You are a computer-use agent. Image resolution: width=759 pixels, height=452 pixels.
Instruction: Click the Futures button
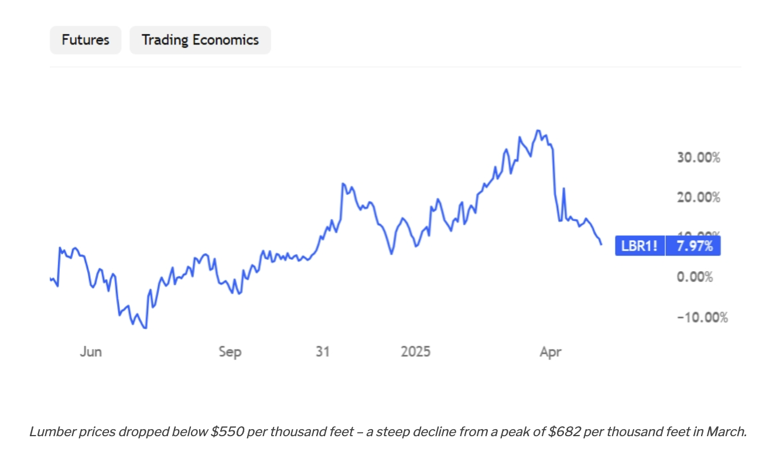86,40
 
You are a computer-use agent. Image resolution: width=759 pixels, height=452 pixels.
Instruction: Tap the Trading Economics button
200,40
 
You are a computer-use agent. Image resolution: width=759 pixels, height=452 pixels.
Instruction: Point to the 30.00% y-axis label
698,157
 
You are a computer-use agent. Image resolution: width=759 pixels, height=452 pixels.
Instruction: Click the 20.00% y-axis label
698,197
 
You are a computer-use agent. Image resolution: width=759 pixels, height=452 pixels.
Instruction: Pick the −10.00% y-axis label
702,317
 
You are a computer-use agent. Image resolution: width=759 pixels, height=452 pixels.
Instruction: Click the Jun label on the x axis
91,351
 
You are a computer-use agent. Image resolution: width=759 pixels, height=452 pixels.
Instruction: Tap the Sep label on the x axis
230,351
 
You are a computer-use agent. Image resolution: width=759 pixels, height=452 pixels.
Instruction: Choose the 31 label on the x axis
323,351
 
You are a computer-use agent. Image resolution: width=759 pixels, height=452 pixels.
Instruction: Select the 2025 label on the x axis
415,351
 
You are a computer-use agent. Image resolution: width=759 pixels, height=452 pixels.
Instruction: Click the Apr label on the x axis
551,351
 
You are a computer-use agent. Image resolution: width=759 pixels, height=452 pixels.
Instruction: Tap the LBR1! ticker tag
640,246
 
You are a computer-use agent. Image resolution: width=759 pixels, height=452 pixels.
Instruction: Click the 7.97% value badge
695,246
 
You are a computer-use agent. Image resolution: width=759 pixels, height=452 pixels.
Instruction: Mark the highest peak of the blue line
538,131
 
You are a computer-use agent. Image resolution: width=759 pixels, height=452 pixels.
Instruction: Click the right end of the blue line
601,244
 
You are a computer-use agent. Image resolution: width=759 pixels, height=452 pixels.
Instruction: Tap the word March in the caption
726,432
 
